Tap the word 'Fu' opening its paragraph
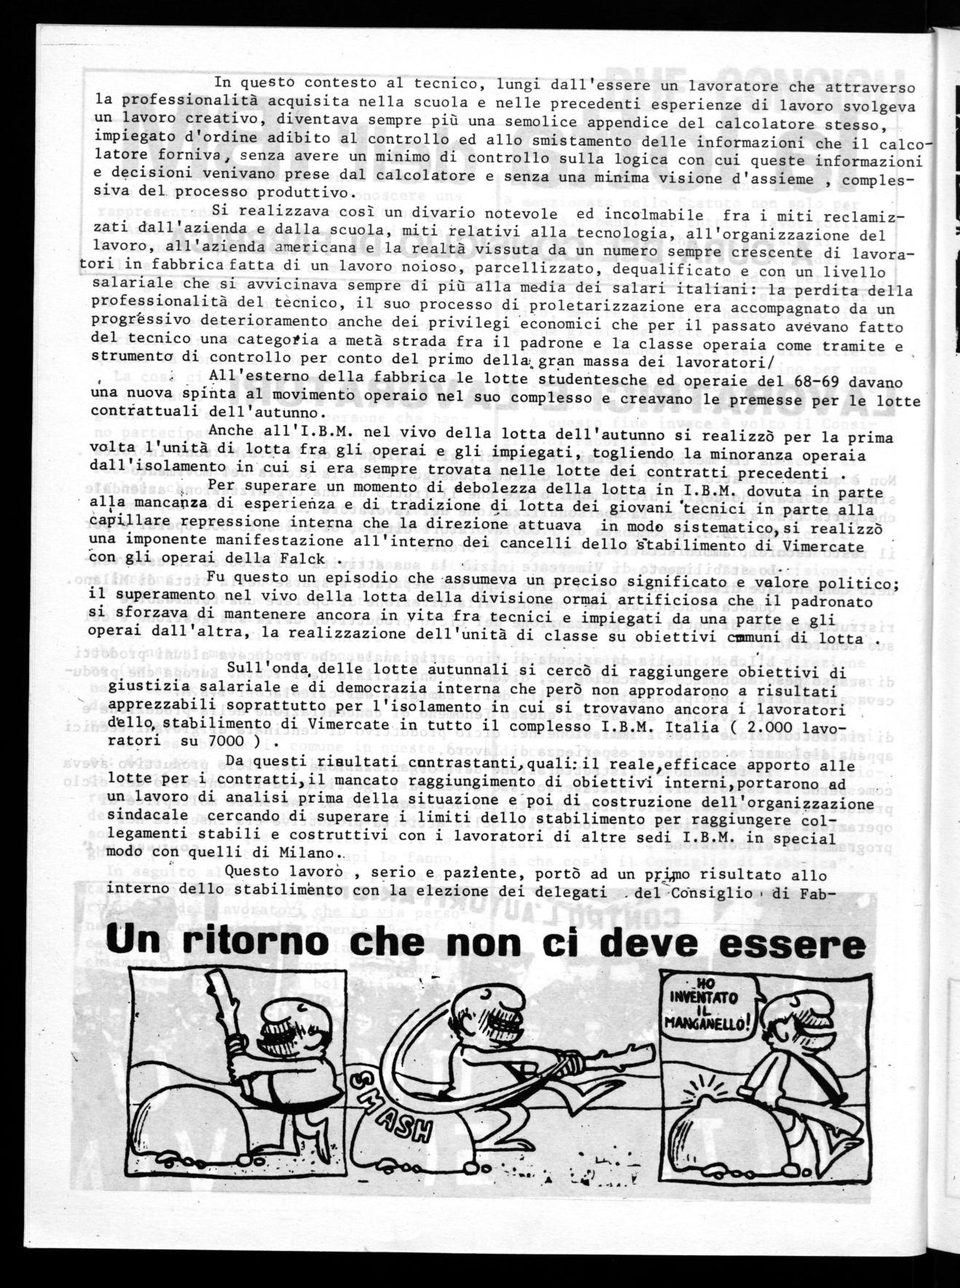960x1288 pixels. pos(216,577)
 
